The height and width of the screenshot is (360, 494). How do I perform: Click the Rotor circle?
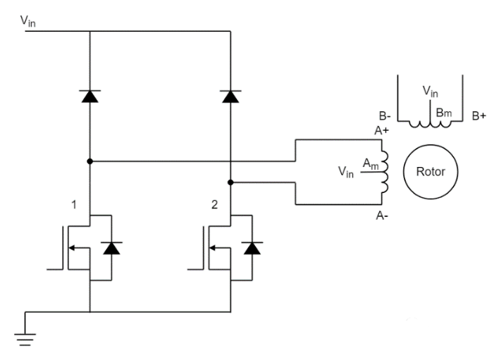coord(429,172)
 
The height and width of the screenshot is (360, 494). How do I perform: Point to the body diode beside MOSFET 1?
coord(112,247)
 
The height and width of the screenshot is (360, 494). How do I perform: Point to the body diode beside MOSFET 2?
coord(253,247)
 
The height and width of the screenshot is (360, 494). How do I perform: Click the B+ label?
coord(480,115)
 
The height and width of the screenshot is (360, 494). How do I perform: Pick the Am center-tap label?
coord(370,163)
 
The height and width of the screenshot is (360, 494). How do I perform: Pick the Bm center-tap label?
coord(443,113)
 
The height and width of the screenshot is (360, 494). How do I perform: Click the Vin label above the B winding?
coord(430,91)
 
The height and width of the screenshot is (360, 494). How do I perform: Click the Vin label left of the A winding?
coord(347,171)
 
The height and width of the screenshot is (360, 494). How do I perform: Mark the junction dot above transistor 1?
coord(90,161)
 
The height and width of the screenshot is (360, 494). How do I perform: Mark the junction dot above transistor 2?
coord(230,182)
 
